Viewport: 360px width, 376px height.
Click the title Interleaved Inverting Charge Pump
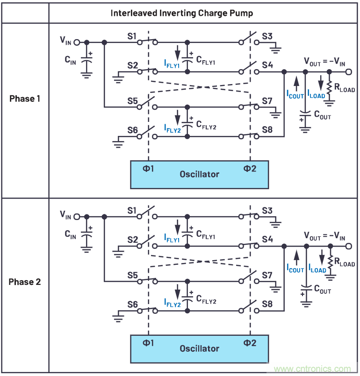tap(181, 13)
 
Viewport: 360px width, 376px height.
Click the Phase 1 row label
tap(25, 99)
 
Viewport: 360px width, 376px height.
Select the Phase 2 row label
tap(25, 282)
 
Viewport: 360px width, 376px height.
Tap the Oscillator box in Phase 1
tap(199, 174)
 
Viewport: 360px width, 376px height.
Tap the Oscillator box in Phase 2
tap(199, 348)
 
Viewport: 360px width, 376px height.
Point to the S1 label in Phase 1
tap(131, 36)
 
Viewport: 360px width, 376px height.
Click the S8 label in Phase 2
tap(267, 304)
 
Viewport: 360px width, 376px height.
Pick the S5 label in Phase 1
tap(131, 100)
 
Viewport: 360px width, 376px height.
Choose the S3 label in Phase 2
tap(267, 211)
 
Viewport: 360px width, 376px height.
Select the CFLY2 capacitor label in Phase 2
tap(206, 301)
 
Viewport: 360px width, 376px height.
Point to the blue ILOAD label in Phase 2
tap(317, 269)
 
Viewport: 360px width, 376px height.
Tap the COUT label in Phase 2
tap(321, 290)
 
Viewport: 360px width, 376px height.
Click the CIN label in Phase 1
tap(71, 59)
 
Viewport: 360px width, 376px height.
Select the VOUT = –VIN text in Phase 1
tap(324, 61)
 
